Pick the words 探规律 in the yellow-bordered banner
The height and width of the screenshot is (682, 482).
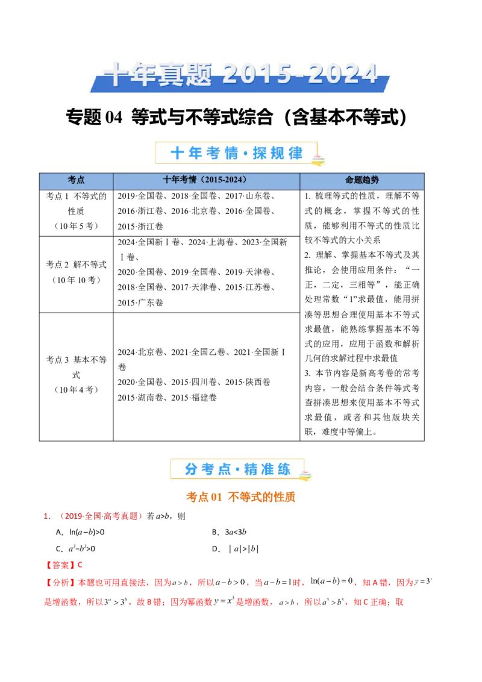click(x=278, y=153)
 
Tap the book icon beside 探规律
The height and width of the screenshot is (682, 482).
click(x=318, y=160)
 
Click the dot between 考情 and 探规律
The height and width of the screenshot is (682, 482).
click(x=245, y=154)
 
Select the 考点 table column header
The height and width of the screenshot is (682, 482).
click(x=76, y=180)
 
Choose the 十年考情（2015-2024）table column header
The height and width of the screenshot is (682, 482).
click(x=205, y=180)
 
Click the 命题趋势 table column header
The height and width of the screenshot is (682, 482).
click(x=361, y=180)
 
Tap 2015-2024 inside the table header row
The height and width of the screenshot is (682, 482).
click(x=223, y=180)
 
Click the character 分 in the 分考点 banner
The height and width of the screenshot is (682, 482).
click(x=192, y=469)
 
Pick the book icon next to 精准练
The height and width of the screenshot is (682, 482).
click(x=306, y=475)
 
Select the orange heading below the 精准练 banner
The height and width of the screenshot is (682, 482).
click(x=240, y=498)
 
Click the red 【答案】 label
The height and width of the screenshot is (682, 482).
click(x=60, y=565)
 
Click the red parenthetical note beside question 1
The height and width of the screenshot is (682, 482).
click(x=101, y=516)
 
